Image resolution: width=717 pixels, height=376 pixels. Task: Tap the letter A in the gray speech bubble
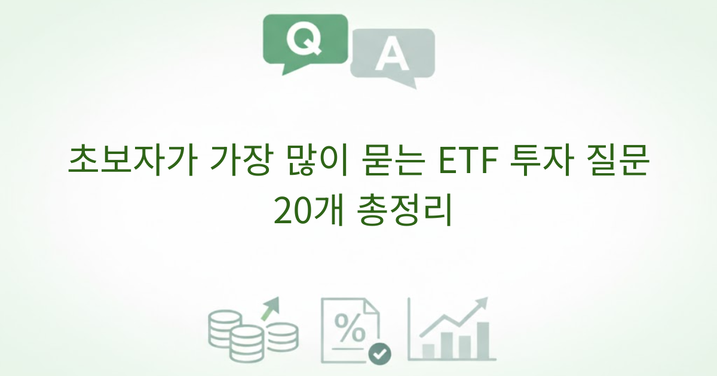coord(391,56)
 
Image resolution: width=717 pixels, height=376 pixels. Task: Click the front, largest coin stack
coord(247,343)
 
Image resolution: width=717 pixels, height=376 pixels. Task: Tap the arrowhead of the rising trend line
coord(482,302)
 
